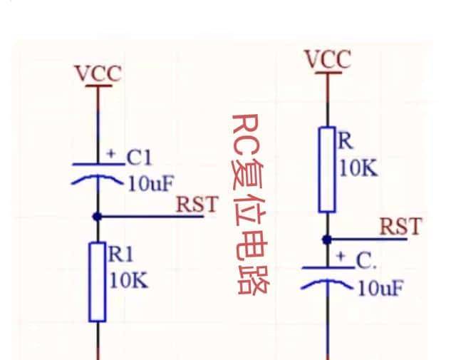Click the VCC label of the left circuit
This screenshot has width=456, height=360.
(98, 73)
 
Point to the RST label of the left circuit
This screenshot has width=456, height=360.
(196, 205)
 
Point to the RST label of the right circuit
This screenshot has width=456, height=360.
(400, 227)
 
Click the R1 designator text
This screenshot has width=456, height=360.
(121, 253)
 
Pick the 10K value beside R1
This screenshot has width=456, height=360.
(129, 280)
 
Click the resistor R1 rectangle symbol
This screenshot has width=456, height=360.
(98, 282)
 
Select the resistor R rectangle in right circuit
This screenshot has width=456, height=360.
(327, 170)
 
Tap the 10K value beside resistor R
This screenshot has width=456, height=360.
(358, 169)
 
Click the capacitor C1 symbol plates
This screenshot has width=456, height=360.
(98, 173)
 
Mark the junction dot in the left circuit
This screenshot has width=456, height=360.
(98, 216)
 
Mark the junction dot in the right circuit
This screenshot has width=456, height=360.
(328, 239)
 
